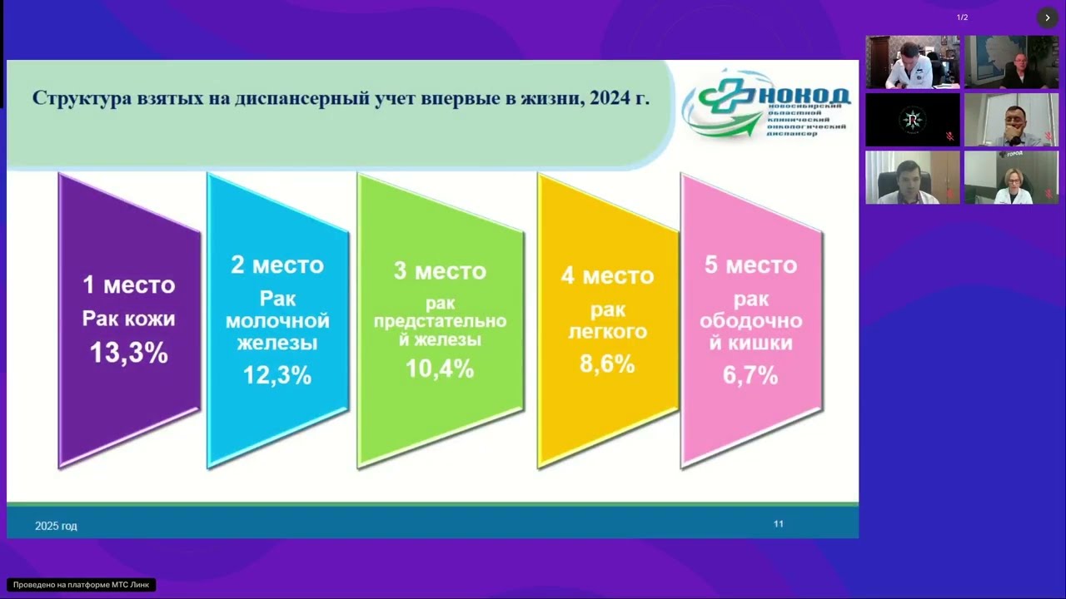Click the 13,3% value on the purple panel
coord(129,353)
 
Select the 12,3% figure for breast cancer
coord(277,375)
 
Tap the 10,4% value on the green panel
coord(440,368)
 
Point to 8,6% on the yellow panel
coord(607,364)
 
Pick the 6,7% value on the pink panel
coord(750,375)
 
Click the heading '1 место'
coord(129,285)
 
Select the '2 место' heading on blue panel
coord(277,265)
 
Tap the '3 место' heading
coord(440,271)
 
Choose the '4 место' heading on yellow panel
coord(607,275)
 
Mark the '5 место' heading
coord(750,265)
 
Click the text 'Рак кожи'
coord(129,319)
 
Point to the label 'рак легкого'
coord(607,321)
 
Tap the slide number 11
coord(779,523)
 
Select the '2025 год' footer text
coord(56,526)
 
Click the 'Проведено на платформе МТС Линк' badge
coord(81,585)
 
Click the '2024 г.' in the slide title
coord(620,98)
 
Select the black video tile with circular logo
coord(913,120)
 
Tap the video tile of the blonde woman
coord(1011,177)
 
